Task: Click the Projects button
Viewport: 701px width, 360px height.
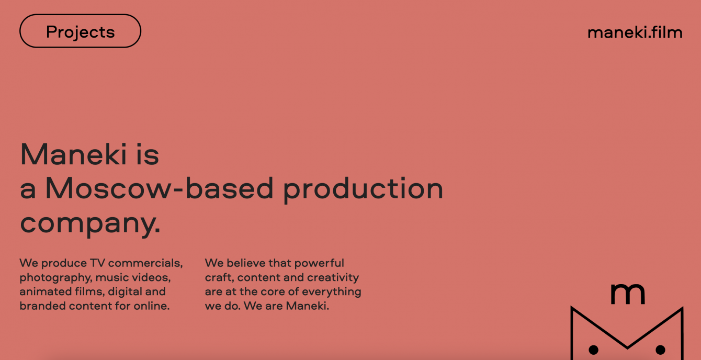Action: pyautogui.click(x=80, y=31)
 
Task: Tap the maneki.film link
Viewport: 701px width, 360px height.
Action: pyautogui.click(x=635, y=32)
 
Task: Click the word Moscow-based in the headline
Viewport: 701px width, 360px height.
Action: pyautogui.click(x=160, y=188)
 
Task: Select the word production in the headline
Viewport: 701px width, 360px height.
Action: pyautogui.click(x=364, y=189)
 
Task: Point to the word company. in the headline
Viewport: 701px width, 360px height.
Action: pyautogui.click(x=90, y=224)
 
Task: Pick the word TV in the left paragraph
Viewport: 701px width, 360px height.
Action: pyautogui.click(x=97, y=263)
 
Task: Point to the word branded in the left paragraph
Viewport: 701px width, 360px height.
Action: pyautogui.click(x=42, y=306)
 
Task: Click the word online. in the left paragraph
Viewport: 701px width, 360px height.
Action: pyautogui.click(x=152, y=306)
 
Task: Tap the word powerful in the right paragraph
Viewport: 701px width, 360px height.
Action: pyautogui.click(x=319, y=264)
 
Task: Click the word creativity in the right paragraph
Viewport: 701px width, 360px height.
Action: pyautogui.click(x=333, y=278)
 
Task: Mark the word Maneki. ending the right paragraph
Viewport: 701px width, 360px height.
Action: pyautogui.click(x=308, y=306)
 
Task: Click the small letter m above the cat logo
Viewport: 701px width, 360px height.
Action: pyautogui.click(x=627, y=294)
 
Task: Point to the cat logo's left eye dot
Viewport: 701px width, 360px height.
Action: pyautogui.click(x=593, y=350)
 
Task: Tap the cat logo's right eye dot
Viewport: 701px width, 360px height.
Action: pyautogui.click(x=660, y=350)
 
